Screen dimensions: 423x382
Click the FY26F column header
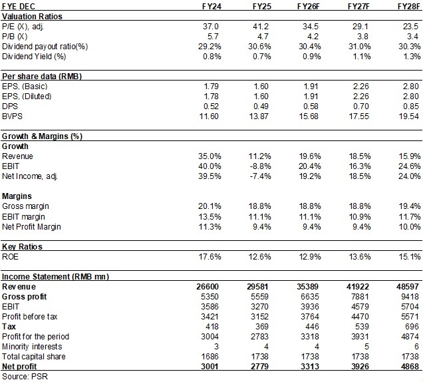click(309, 6)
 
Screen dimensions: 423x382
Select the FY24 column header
click(211, 6)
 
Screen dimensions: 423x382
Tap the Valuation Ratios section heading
click(32, 17)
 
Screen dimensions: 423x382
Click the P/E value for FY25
click(261, 27)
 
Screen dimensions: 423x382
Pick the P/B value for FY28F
click(413, 37)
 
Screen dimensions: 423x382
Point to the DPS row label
click(10, 106)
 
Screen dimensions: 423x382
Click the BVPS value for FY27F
click(358, 116)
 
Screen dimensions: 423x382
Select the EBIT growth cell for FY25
click(259, 166)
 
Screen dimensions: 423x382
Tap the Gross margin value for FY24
click(210, 206)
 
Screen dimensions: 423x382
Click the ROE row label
click(10, 256)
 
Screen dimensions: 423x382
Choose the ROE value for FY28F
click(410, 256)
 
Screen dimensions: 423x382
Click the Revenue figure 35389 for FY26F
click(307, 286)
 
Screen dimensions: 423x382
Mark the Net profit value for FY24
click(210, 366)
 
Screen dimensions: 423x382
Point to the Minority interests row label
click(32, 346)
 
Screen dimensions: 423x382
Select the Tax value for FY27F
click(362, 326)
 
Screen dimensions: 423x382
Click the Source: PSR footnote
click(25, 376)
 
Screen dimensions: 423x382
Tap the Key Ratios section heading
click(22, 246)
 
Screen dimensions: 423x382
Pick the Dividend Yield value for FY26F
click(310, 57)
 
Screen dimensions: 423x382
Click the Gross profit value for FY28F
click(410, 296)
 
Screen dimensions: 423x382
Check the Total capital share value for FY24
click(210, 356)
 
